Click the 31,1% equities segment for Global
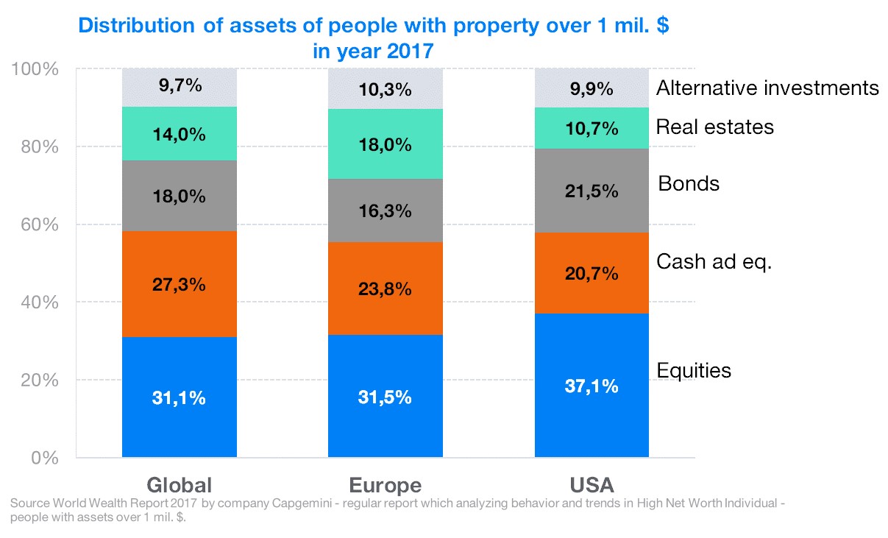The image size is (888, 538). [x=180, y=397]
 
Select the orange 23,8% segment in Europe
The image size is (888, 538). [x=386, y=289]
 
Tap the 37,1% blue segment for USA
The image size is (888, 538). [x=592, y=385]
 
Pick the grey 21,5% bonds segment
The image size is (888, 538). [x=592, y=191]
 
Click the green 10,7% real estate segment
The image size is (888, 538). [x=592, y=128]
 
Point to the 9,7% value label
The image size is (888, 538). [x=180, y=85]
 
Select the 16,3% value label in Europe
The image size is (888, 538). [x=386, y=211]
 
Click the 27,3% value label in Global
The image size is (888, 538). [x=180, y=285]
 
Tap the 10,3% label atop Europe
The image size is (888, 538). [x=386, y=90]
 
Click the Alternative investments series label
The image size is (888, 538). [x=767, y=88]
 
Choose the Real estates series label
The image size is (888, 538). [x=715, y=127]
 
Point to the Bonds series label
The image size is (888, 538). [x=689, y=183]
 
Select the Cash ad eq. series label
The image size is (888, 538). [x=714, y=262]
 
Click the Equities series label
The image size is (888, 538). [x=694, y=370]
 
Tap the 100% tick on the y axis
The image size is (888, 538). [x=35, y=69]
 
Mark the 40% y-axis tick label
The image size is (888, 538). [x=40, y=302]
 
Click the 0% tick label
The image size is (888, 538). [x=45, y=458]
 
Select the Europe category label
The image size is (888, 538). [x=386, y=485]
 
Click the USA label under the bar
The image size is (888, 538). [x=592, y=485]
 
